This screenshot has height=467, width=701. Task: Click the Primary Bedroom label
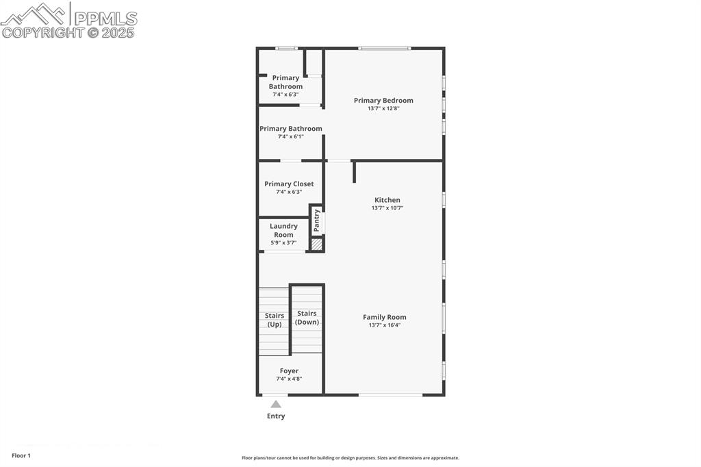383,101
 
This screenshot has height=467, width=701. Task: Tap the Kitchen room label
387,200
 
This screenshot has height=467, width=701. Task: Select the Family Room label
384,317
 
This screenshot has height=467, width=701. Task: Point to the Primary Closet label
289,184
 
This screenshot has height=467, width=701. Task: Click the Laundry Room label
283,230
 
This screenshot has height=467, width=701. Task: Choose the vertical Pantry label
316,220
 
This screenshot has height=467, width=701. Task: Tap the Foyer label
289,370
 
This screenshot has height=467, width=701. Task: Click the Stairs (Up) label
275,320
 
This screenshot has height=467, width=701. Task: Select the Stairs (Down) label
307,318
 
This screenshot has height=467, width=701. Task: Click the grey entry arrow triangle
276,404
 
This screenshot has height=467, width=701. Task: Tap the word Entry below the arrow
276,416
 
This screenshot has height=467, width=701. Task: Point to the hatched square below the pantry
316,243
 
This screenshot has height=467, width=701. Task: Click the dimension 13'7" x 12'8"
383,108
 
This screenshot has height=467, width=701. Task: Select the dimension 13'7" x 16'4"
384,325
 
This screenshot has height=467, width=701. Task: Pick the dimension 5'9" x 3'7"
283,242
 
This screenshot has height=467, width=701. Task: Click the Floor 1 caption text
21,455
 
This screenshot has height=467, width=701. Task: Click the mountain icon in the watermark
34,14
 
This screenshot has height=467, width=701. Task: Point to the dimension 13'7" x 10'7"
387,208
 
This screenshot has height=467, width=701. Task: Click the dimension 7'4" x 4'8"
289,379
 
